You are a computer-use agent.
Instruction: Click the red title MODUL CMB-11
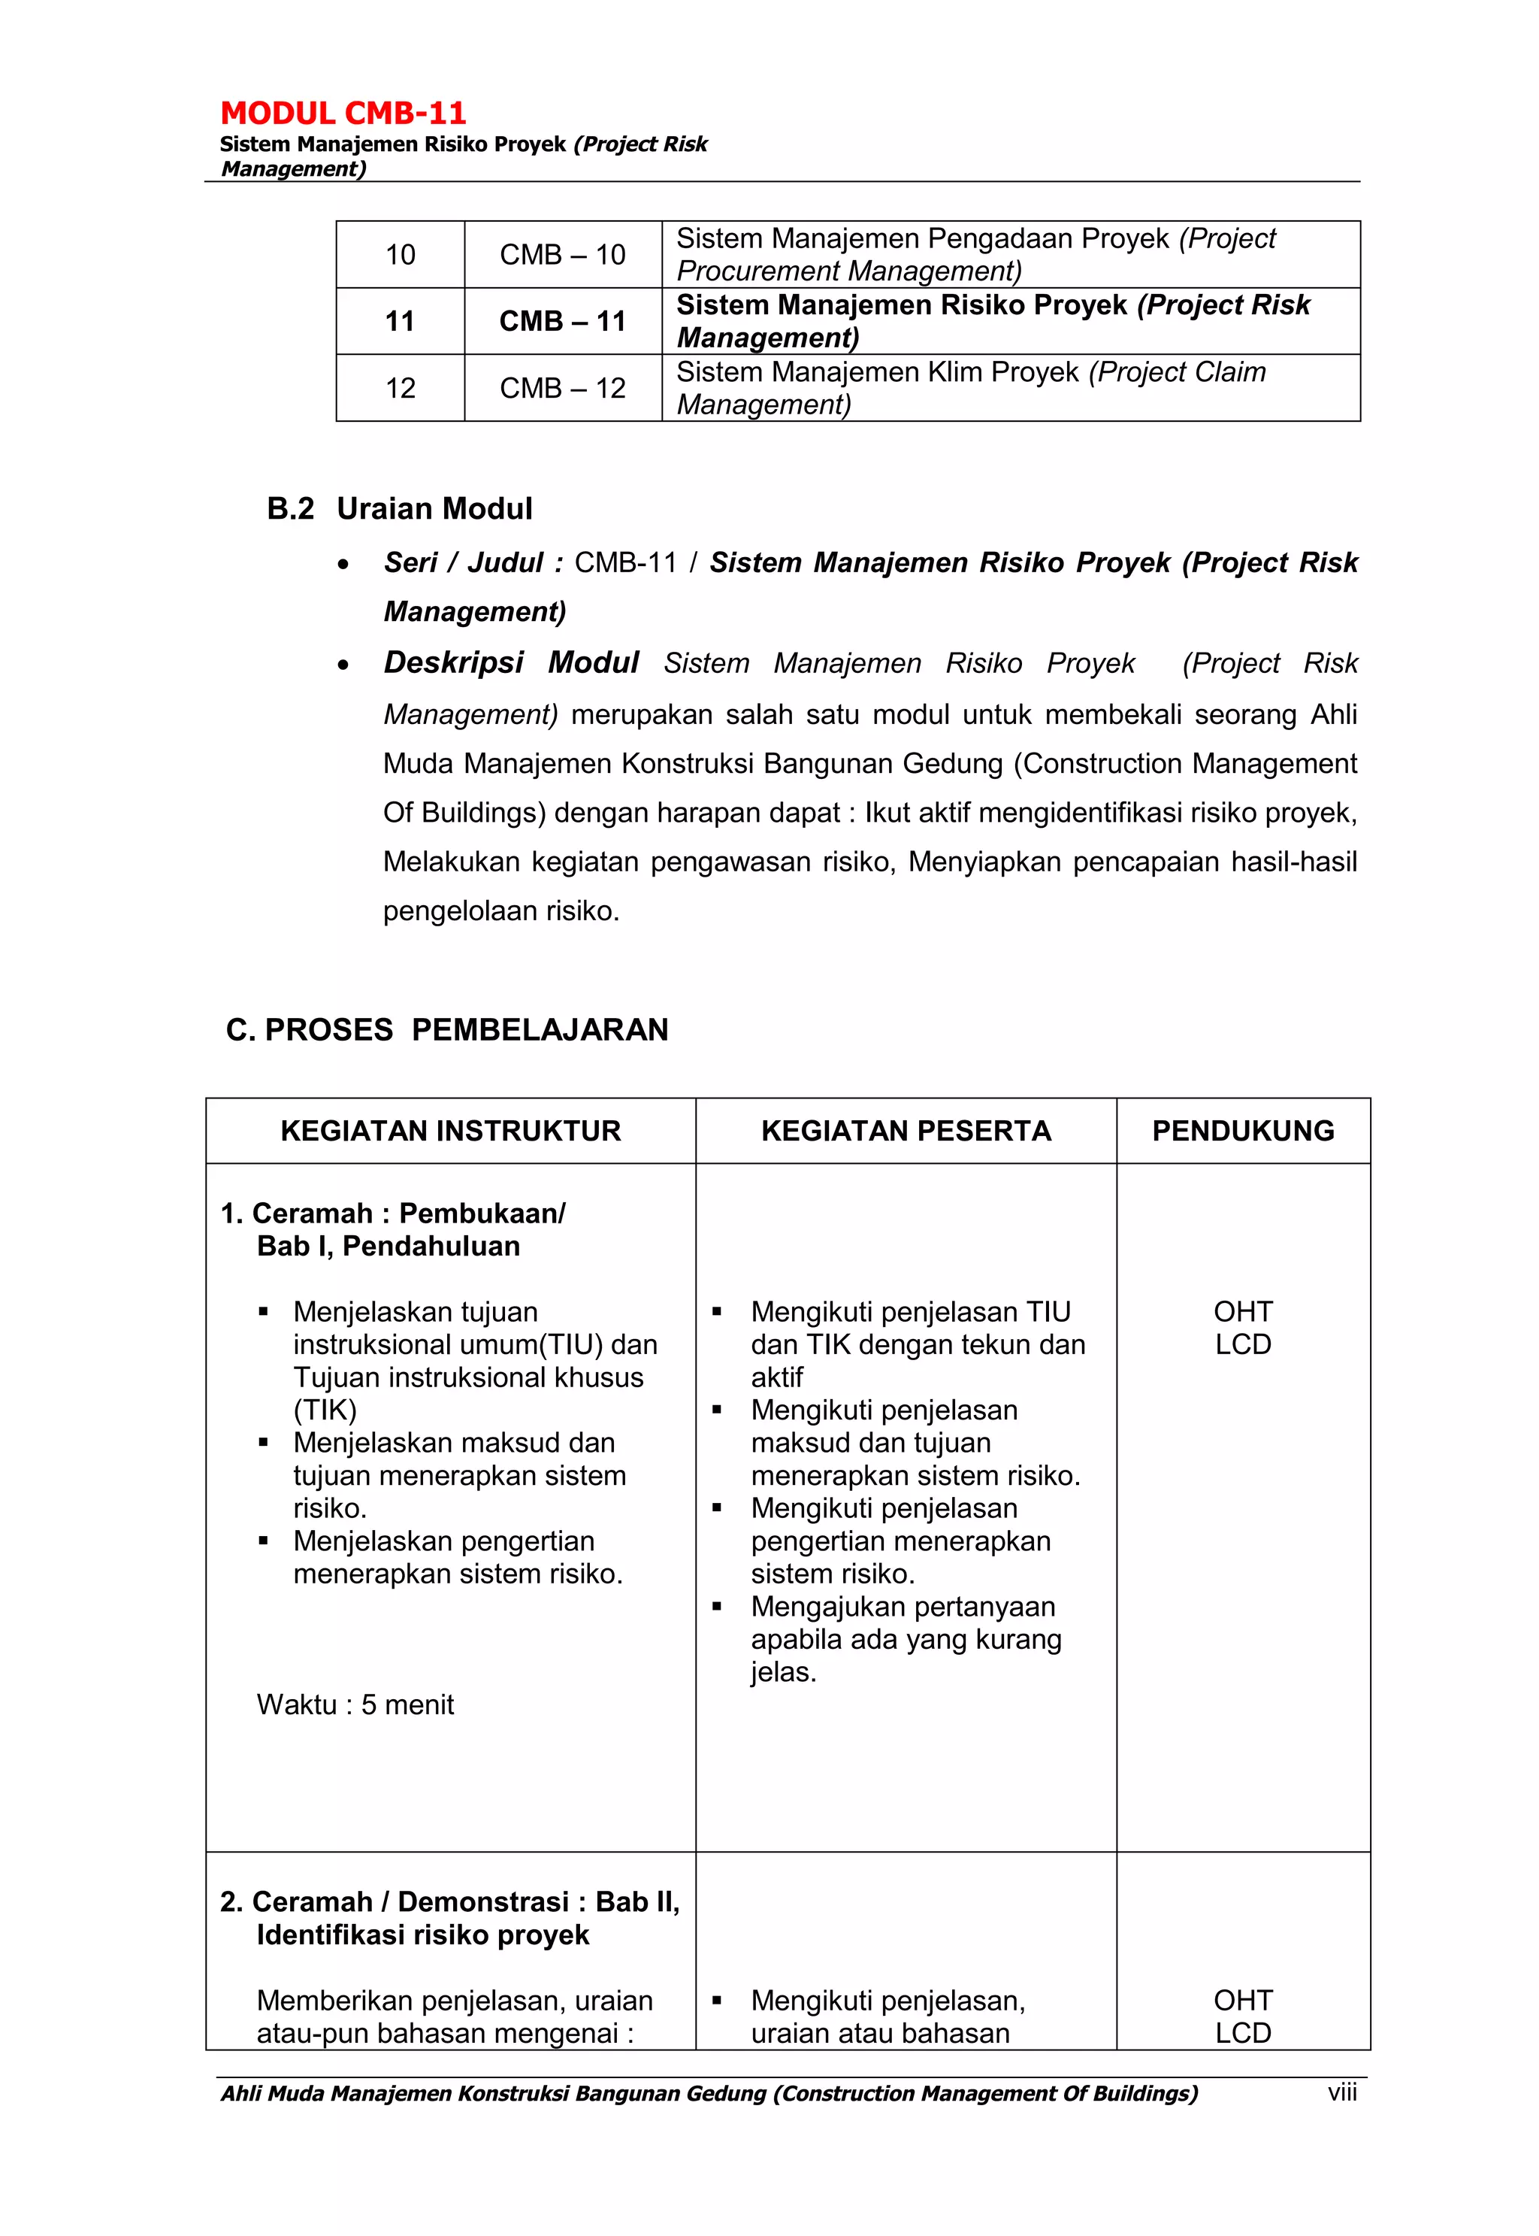tap(343, 114)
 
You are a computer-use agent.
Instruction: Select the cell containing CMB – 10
tap(562, 255)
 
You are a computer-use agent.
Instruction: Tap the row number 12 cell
tap(401, 388)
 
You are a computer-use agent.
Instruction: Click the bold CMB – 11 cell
tap(562, 321)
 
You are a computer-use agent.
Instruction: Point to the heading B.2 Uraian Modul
tap(399, 508)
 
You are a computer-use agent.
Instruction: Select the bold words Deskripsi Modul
tap(511, 662)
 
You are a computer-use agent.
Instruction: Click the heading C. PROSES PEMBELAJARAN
tap(446, 1029)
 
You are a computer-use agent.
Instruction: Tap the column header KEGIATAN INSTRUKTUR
tap(450, 1131)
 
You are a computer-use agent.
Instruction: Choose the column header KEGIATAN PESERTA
tap(906, 1131)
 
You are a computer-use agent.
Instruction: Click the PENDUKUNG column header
tap(1243, 1131)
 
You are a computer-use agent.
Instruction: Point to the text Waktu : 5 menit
tap(355, 1704)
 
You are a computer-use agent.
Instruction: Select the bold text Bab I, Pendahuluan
tap(388, 1247)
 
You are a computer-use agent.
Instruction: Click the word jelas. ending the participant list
tap(783, 1671)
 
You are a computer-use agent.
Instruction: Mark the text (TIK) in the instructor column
tap(325, 1410)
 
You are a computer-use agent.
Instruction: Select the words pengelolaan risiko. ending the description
tap(500, 910)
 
